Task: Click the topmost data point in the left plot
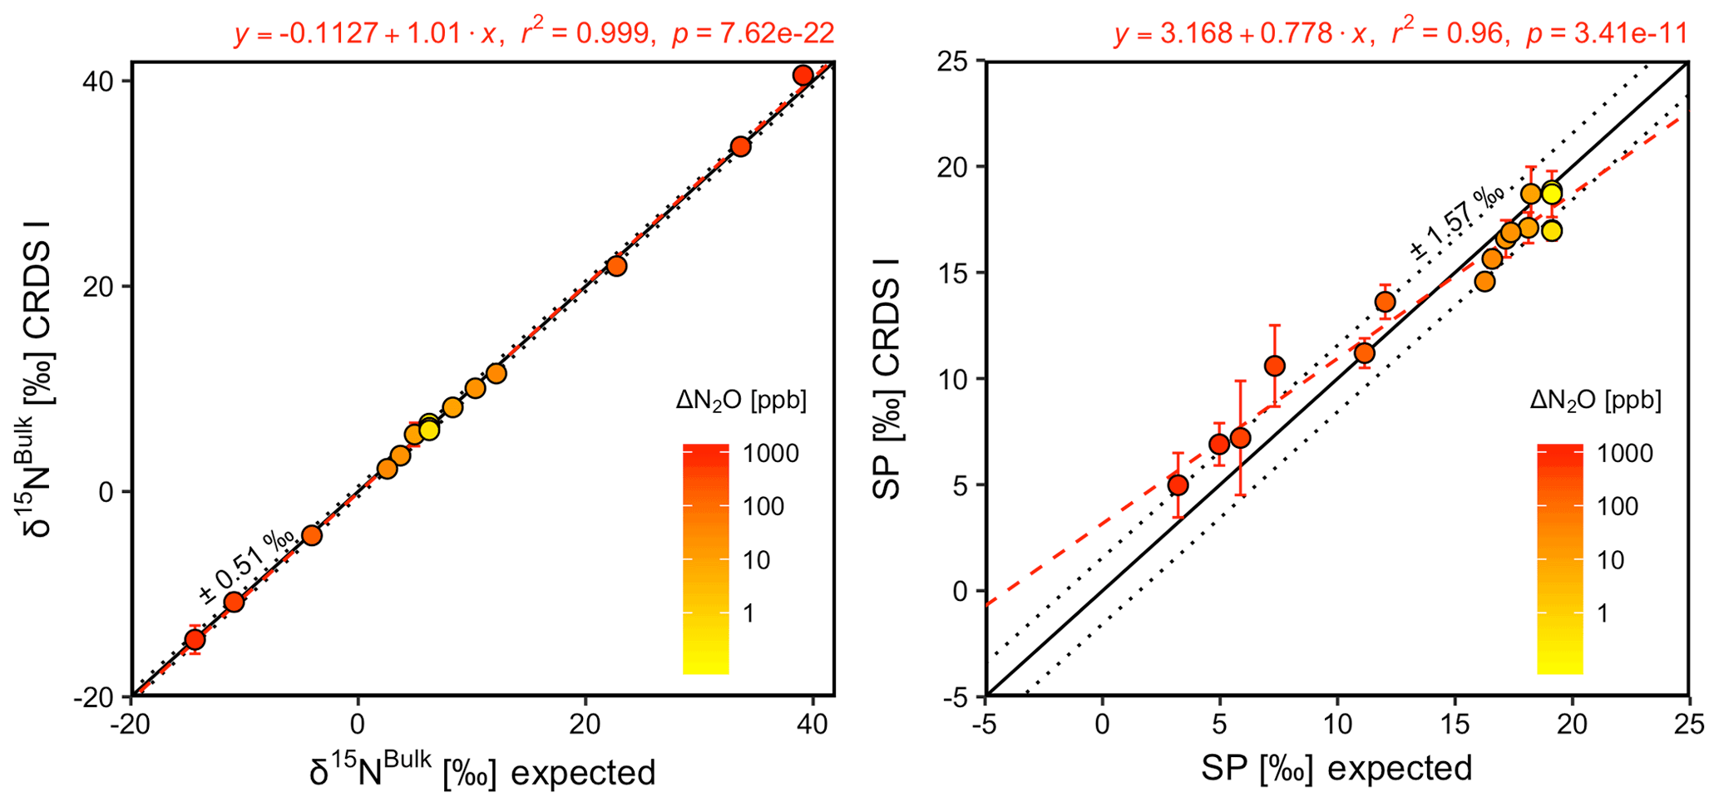pyautogui.click(x=803, y=76)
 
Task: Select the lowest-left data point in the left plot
pyautogui.click(x=195, y=639)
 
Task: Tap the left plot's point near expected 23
pyautogui.click(x=616, y=266)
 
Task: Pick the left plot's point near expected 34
pyautogui.click(x=740, y=147)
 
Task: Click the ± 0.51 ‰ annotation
pyautogui.click(x=245, y=565)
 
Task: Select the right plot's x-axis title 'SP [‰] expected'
pyautogui.click(x=1336, y=768)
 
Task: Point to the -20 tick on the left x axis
pyautogui.click(x=131, y=725)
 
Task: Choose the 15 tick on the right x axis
pyautogui.click(x=1455, y=725)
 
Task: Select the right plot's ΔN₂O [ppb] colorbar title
pyautogui.click(x=1595, y=401)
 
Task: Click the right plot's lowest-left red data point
pyautogui.click(x=1178, y=485)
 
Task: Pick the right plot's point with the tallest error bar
pyautogui.click(x=1240, y=437)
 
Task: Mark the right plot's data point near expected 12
pyautogui.click(x=1385, y=302)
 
